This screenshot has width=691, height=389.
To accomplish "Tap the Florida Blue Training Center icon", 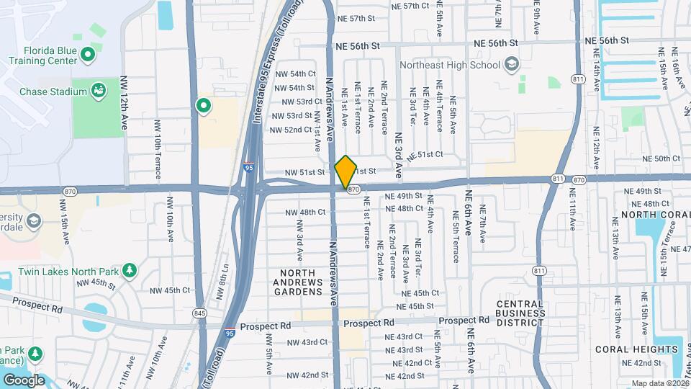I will click(x=89, y=54).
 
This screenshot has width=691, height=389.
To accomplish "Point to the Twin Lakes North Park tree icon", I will click(x=129, y=269).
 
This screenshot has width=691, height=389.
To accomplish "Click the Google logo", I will click(x=24, y=380).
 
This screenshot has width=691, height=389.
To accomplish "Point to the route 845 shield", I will click(x=200, y=313).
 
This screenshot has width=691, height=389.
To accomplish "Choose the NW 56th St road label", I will click(x=357, y=46).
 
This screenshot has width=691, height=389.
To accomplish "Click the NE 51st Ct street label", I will click(x=435, y=155).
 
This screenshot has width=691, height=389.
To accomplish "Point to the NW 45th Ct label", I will click(x=169, y=290).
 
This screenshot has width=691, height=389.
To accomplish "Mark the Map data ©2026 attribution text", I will click(x=659, y=383).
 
